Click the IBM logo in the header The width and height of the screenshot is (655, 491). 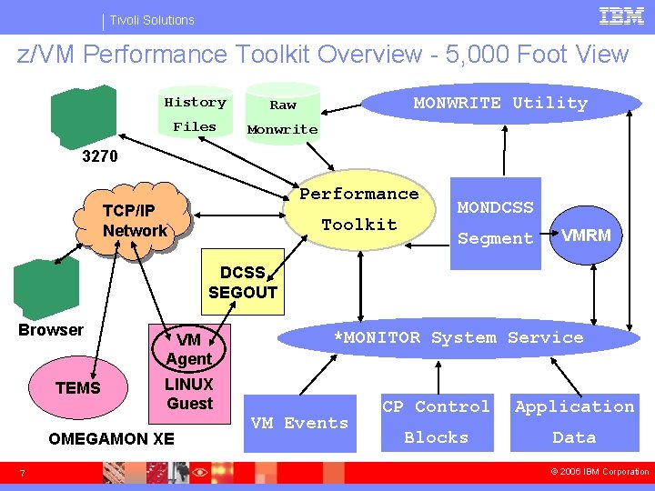622,16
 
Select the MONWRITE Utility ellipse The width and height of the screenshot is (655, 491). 500,104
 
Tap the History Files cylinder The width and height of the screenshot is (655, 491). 195,115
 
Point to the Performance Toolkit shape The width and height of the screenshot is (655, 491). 359,210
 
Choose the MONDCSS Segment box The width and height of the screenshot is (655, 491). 495,223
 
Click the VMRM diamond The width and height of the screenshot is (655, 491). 586,236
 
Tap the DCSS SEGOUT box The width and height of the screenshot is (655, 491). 242,282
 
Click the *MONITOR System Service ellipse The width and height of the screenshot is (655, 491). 458,338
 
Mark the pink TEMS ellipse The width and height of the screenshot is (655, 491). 78,388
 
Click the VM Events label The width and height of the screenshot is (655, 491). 299,423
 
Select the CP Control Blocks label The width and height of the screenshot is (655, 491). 436,422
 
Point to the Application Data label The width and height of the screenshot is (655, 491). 574,422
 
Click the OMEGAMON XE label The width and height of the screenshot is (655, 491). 111,438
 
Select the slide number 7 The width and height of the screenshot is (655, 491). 24,472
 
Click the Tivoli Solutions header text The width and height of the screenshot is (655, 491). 152,20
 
